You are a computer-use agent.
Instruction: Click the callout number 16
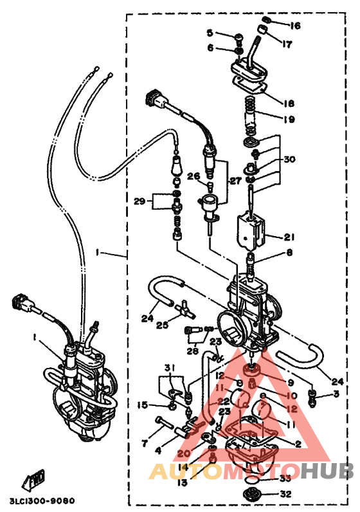point(295,26)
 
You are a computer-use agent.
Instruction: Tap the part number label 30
point(289,160)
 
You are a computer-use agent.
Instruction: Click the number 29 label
point(139,201)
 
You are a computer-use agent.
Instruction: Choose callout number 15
point(142,405)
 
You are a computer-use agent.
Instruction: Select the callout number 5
point(210,33)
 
